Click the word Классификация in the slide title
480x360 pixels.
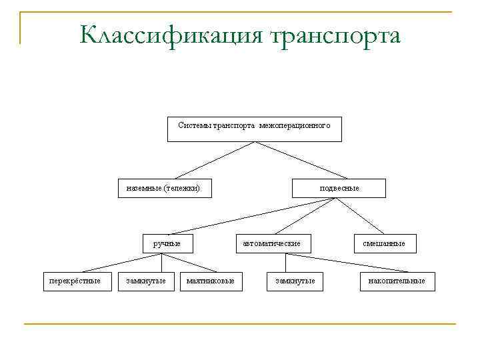coord(172,35)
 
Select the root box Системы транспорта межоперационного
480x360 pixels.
coord(254,129)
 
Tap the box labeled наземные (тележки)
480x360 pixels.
coord(163,189)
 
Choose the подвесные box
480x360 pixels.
coord(339,189)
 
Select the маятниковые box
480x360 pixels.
coord(210,281)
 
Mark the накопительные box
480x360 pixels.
coord(397,281)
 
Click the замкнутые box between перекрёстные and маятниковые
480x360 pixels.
coord(145,281)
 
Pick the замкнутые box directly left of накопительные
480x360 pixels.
coord(295,281)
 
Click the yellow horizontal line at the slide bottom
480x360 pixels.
coord(240,324)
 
